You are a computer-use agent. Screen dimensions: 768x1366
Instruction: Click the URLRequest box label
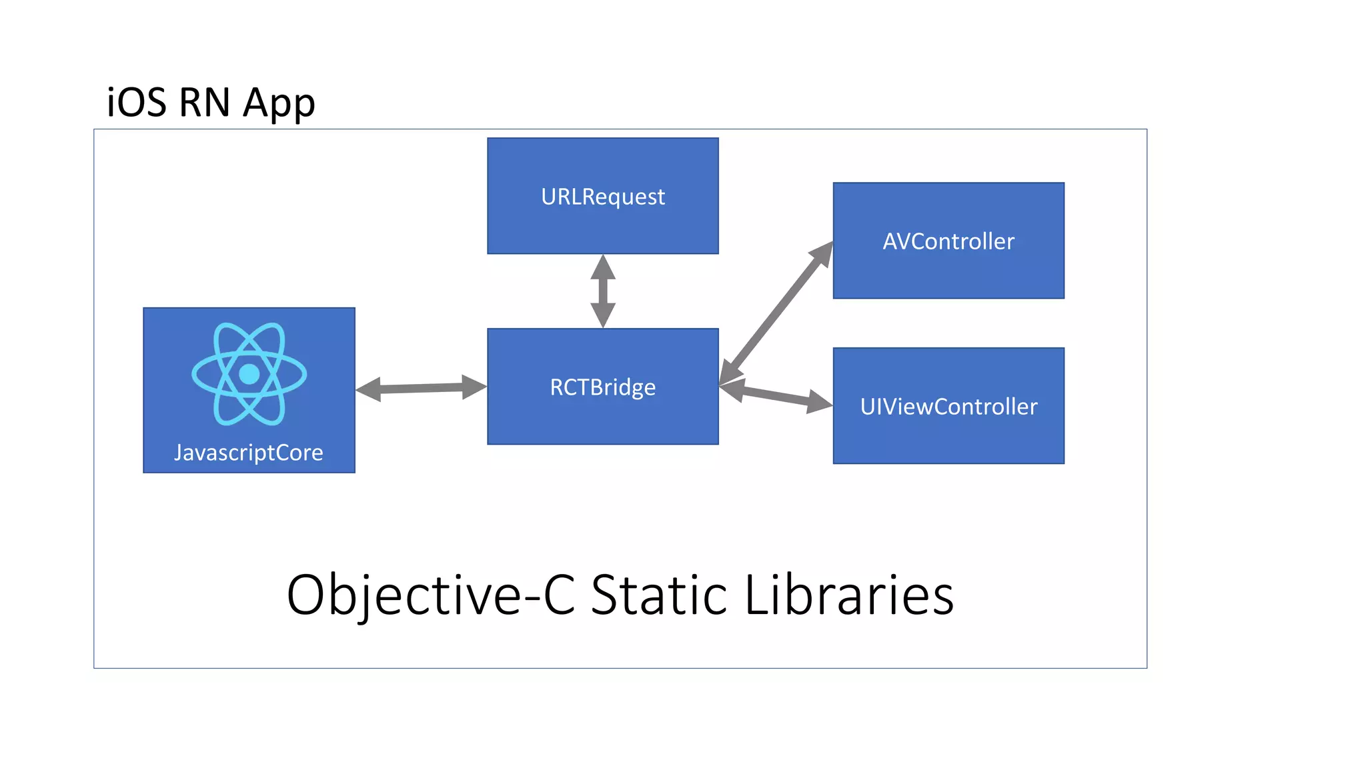pyautogui.click(x=603, y=197)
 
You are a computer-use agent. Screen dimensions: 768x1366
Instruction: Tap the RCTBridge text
pyautogui.click(x=603, y=387)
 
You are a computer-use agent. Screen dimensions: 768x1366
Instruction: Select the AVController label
pyautogui.click(x=948, y=241)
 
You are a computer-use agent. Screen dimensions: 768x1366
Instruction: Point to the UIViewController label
pyautogui.click(x=948, y=407)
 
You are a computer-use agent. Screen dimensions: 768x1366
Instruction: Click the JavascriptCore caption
pyautogui.click(x=249, y=453)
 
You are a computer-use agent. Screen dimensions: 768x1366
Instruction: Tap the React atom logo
pyautogui.click(x=249, y=374)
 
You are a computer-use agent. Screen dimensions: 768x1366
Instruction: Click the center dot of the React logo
pyautogui.click(x=249, y=374)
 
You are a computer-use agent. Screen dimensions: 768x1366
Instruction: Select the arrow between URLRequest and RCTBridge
pyautogui.click(x=603, y=291)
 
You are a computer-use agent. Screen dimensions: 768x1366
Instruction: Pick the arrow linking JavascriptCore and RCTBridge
pyautogui.click(x=421, y=388)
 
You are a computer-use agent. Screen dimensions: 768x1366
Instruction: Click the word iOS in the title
pyautogui.click(x=136, y=103)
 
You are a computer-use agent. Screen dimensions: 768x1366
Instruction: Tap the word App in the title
pyautogui.click(x=279, y=104)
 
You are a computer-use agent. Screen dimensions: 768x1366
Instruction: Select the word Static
pyautogui.click(x=658, y=595)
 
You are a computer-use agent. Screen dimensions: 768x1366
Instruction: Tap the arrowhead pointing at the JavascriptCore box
pyautogui.click(x=369, y=389)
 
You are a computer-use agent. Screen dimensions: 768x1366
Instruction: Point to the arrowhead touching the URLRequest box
pyautogui.click(x=603, y=266)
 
